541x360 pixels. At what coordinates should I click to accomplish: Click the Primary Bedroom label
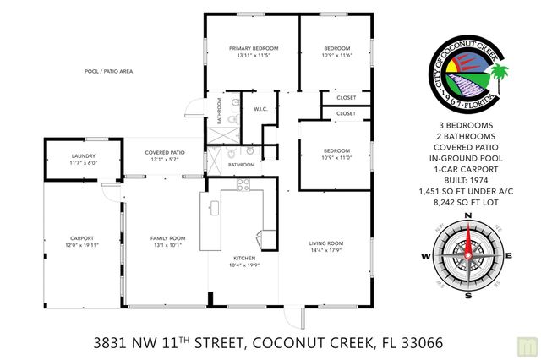click(253, 48)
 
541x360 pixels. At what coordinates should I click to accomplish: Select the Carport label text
click(82, 238)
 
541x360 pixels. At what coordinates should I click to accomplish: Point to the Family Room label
click(167, 238)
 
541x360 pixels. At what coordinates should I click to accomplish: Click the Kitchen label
click(245, 259)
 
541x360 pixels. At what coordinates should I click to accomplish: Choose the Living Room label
click(328, 243)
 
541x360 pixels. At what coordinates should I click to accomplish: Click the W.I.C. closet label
click(260, 109)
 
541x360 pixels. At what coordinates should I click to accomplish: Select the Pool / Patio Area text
click(108, 72)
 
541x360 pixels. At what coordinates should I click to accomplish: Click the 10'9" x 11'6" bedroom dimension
click(336, 56)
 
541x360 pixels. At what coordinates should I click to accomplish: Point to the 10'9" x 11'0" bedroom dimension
click(336, 157)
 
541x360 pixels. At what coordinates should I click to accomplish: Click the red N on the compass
click(467, 217)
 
